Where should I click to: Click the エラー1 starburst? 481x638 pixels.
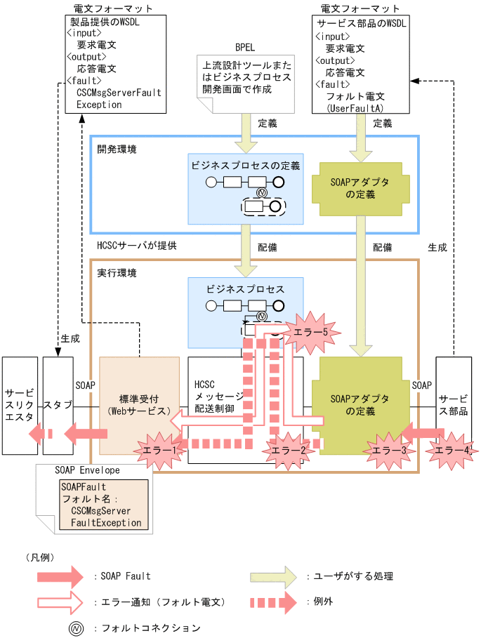click(159, 448)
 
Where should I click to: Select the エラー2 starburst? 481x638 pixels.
click(288, 451)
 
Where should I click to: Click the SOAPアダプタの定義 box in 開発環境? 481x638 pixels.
click(359, 189)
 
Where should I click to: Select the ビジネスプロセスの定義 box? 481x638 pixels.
click(246, 188)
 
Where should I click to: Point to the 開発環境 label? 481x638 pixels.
click(117, 149)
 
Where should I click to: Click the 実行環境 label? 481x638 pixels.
click(117, 272)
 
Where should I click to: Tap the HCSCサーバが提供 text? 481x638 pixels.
click(136, 246)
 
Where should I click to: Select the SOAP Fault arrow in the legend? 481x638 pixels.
click(60, 577)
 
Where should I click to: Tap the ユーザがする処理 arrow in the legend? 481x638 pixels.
click(275, 577)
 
